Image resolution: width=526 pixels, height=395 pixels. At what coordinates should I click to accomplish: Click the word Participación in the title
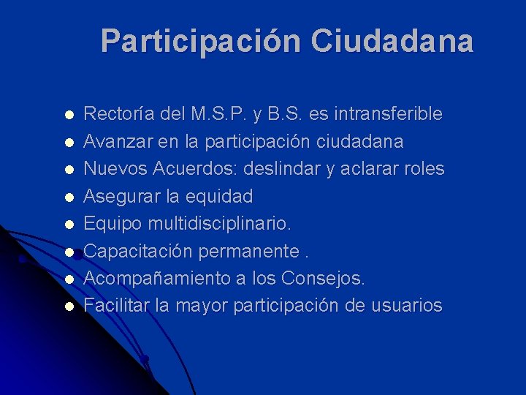coord(201,41)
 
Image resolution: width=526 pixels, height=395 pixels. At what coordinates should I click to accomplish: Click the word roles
coord(424,169)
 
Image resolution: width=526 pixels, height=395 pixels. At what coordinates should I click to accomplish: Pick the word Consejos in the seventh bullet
coord(326,279)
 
